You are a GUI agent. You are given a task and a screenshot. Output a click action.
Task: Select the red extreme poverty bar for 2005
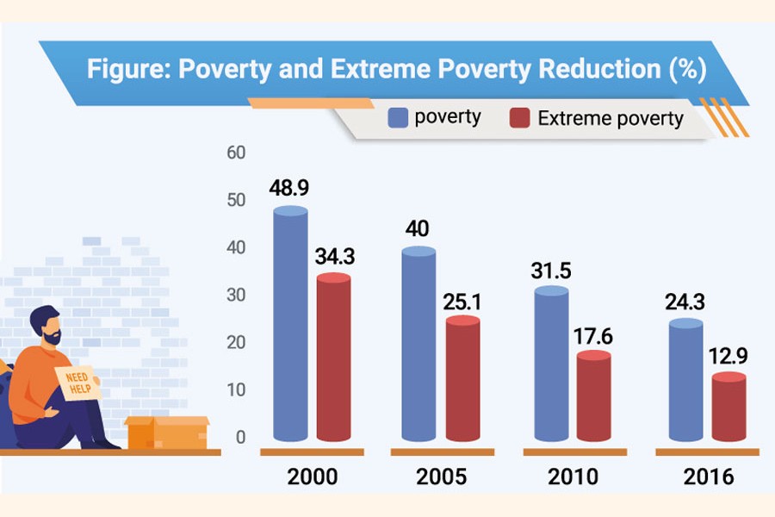coord(463,379)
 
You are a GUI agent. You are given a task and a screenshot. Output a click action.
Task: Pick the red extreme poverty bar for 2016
coord(729,409)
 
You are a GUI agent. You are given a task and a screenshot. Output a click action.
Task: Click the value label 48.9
coord(291,188)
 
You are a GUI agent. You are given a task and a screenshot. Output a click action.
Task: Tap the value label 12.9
coord(729,355)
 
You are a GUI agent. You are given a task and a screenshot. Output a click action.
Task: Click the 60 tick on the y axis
coord(236,153)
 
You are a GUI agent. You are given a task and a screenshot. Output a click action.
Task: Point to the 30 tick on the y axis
coord(236,296)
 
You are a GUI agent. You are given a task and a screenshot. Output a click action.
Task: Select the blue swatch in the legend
coord(398,117)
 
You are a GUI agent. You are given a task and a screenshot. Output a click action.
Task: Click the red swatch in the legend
coord(519,118)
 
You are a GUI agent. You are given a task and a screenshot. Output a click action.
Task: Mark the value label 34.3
coord(335,256)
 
